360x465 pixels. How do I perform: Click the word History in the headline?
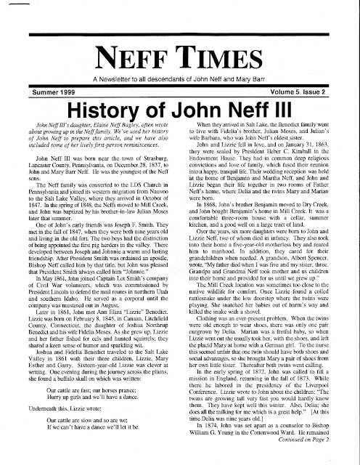[94, 110]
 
